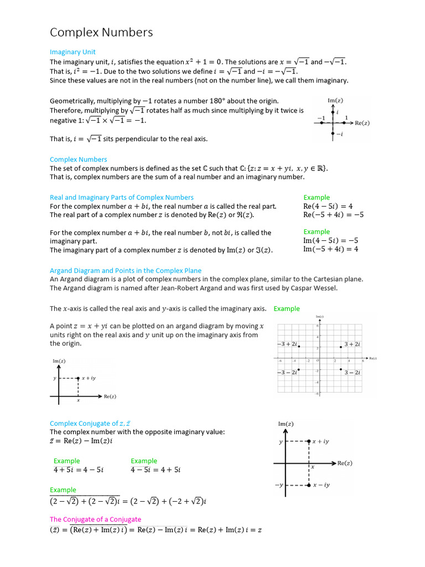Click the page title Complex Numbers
click(x=101, y=33)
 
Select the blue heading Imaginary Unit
click(x=72, y=52)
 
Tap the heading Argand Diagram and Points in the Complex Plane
click(x=126, y=271)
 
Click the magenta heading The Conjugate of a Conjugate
click(x=95, y=519)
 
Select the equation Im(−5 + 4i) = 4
click(x=330, y=249)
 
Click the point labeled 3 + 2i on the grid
click(x=341, y=347)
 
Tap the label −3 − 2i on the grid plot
click(x=287, y=373)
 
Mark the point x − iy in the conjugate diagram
click(x=308, y=485)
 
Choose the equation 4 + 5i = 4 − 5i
click(x=78, y=470)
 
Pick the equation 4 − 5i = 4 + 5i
click(x=156, y=470)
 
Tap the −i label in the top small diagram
click(x=339, y=134)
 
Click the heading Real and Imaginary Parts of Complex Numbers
click(x=122, y=197)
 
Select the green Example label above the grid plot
click(x=287, y=308)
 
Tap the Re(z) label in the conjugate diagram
click(x=345, y=463)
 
